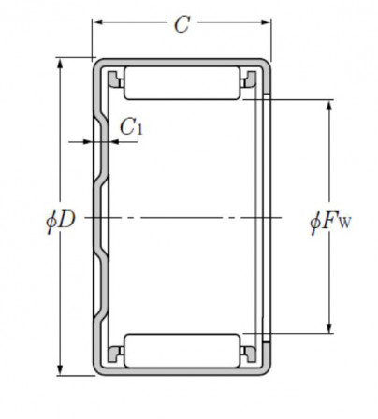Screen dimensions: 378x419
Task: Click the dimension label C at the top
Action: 182,24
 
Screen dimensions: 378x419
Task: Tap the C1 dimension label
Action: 132,127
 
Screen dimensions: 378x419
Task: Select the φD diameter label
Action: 61,221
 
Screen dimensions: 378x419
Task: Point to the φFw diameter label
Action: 330,222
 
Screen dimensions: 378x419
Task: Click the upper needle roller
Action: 182,83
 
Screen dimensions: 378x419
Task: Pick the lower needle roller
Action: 182,351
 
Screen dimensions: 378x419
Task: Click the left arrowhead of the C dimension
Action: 98,22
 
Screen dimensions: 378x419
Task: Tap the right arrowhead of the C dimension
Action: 266,22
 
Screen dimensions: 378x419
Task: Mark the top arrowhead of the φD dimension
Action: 60,64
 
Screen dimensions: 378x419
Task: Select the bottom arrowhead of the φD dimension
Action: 60,369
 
